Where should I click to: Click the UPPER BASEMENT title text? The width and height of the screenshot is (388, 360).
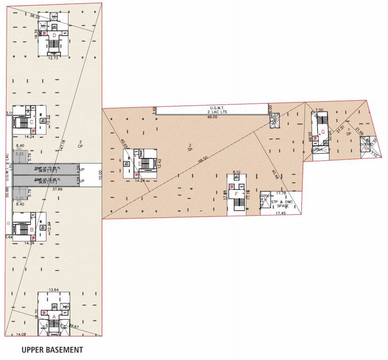click(52, 350)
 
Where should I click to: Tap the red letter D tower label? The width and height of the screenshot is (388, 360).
click(54, 35)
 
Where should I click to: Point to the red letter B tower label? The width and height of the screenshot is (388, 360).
click(31, 230)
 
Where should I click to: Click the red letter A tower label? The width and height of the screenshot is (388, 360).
click(54, 316)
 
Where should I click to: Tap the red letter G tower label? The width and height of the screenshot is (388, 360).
click(323, 132)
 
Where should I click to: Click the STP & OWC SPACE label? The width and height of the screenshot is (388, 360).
click(280, 204)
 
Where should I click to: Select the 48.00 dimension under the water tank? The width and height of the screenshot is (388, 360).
click(212, 117)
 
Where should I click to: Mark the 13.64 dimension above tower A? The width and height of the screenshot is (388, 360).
click(54, 290)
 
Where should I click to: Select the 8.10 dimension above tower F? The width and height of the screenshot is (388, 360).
click(236, 172)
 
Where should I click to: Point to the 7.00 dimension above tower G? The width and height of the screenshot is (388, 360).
click(320, 110)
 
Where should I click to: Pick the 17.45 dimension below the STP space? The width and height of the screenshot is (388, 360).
click(280, 214)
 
